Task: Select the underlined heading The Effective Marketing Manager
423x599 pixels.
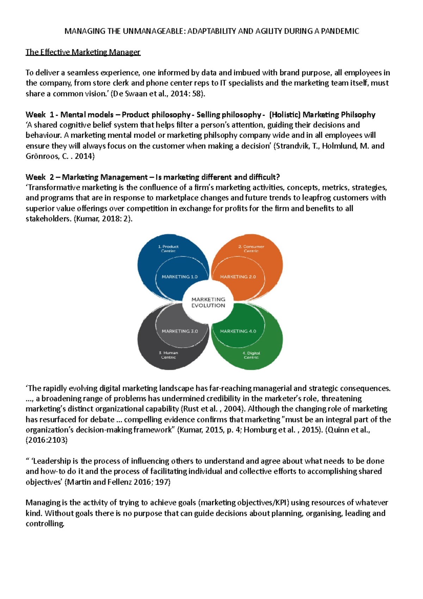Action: (83, 52)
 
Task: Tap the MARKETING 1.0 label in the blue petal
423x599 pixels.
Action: (179, 277)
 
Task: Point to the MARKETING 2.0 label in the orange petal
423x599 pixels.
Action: (238, 277)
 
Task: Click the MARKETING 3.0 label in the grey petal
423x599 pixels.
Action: (179, 331)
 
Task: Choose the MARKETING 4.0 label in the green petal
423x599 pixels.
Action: (238, 331)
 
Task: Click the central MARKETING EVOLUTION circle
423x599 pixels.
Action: (208, 302)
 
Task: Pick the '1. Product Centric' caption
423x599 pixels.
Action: (168, 249)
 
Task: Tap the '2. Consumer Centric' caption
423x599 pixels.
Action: (251, 249)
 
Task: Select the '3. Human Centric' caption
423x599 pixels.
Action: (168, 355)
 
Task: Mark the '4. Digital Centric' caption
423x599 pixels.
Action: (251, 355)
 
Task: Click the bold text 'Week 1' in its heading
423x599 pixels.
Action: (39, 115)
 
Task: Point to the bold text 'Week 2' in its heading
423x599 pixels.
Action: (39, 177)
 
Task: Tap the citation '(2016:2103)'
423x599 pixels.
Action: (46, 440)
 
